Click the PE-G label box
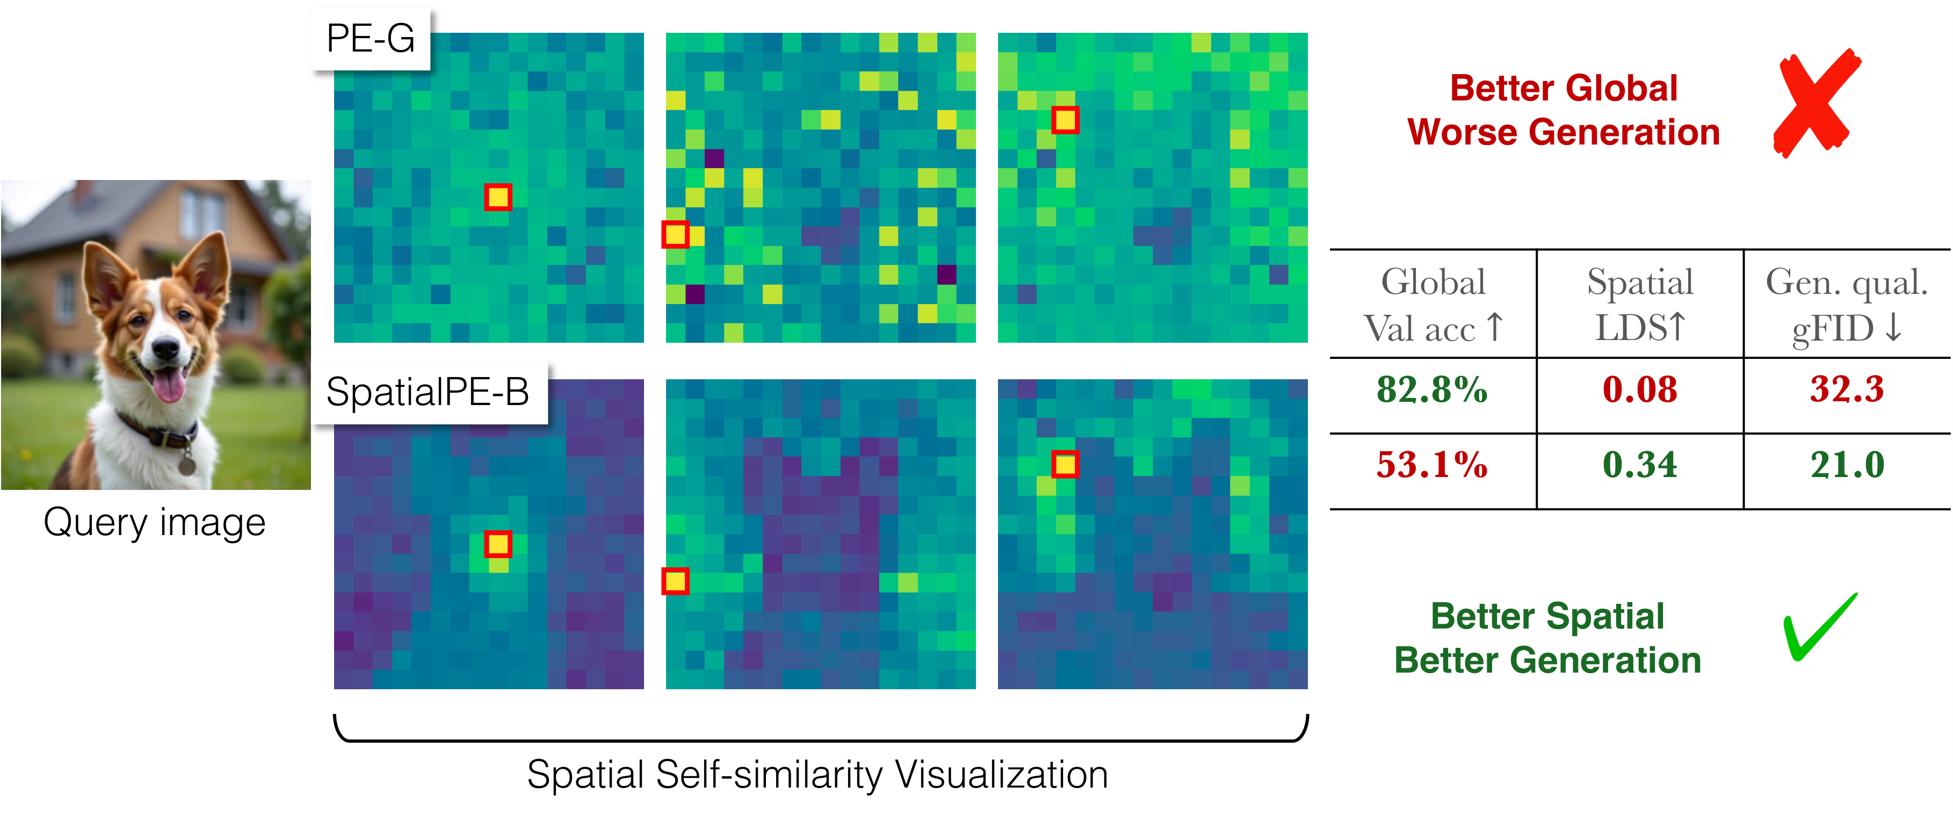[371, 39]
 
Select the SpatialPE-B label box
[428, 393]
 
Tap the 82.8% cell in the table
[1431, 390]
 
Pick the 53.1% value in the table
[1431, 465]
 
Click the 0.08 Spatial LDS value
[1639, 390]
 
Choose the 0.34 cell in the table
[1639, 465]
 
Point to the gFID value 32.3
[1846, 390]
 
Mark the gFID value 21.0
[1846, 465]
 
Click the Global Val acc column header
[1431, 305]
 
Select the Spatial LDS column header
[1639, 305]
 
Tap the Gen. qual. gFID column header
[1846, 305]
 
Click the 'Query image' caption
[155, 523]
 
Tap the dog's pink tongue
[168, 385]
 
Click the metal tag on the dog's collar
[186, 464]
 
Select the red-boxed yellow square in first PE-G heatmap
[498, 197]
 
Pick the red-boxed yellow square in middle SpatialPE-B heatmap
[675, 582]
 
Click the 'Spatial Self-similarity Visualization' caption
[818, 775]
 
